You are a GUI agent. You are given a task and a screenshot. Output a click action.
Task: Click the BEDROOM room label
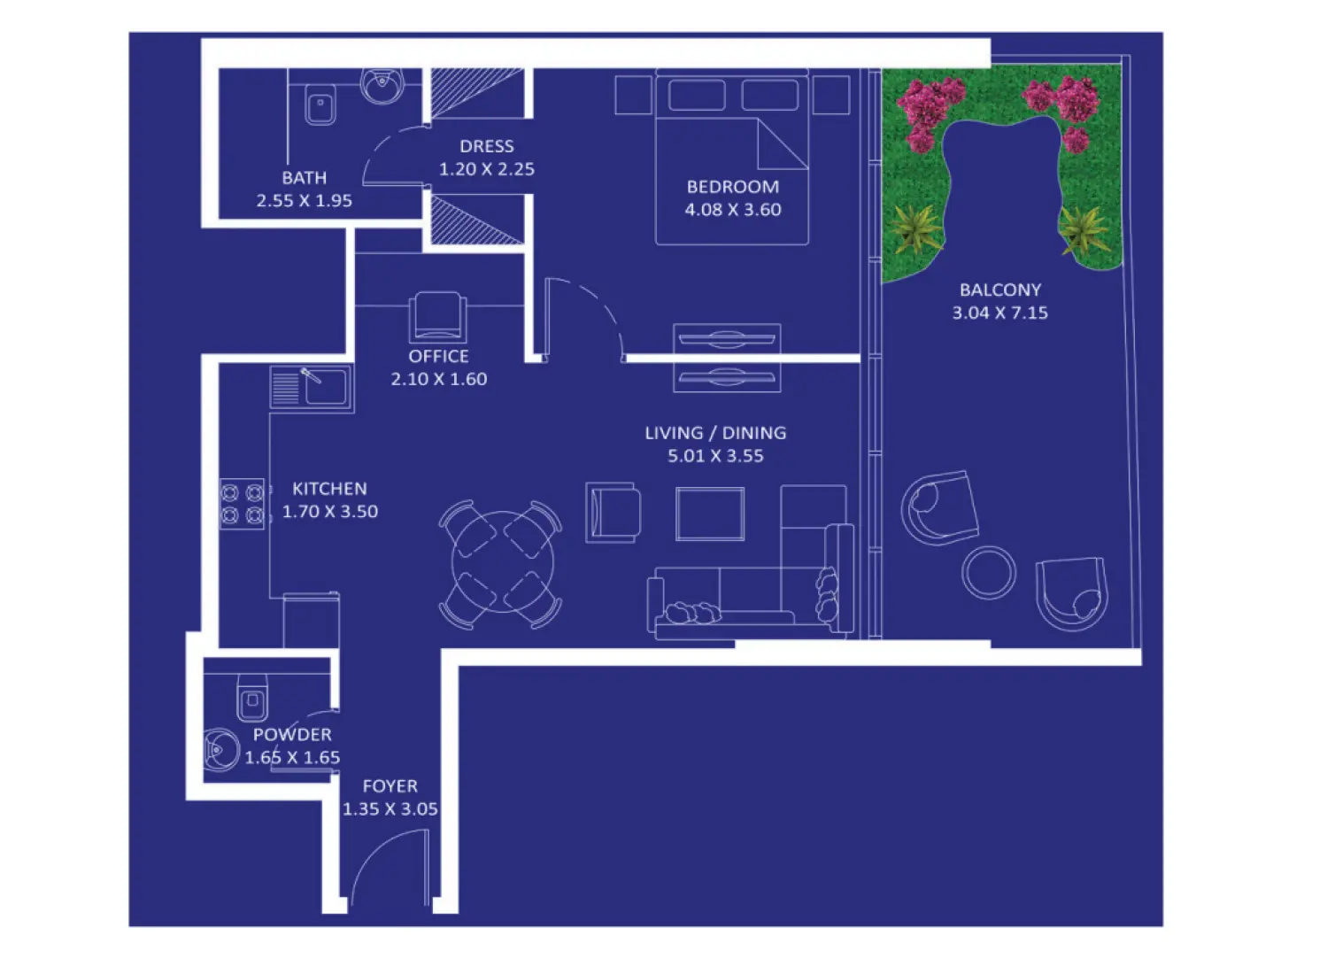733,187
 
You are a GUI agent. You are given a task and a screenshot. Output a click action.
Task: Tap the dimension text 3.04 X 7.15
999,313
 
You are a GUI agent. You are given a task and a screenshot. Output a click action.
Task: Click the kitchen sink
324,387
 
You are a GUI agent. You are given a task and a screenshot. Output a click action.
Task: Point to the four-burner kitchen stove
242,504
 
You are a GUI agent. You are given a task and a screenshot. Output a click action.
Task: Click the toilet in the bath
320,104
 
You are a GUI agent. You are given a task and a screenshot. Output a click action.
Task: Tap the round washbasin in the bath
382,85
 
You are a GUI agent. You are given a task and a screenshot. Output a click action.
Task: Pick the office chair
437,317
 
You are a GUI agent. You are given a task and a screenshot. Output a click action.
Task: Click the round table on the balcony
989,572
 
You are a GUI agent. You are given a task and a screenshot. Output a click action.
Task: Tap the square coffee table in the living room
710,514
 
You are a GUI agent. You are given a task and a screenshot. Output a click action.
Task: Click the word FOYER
390,786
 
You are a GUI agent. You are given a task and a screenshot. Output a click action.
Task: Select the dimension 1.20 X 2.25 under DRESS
487,169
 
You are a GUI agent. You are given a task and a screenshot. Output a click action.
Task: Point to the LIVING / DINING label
715,433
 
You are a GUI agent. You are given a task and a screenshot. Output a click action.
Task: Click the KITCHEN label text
329,489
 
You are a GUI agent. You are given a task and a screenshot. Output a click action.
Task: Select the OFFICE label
438,356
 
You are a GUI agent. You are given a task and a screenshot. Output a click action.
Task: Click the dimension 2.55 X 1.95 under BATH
304,201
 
